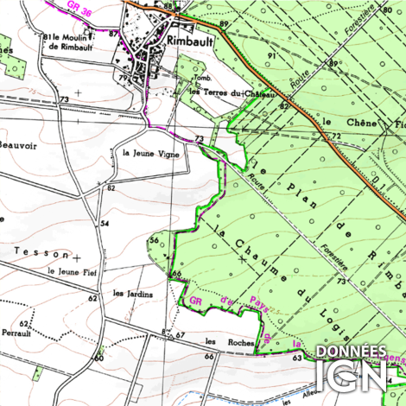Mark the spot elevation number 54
coord(104,224)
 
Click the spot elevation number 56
coord(154,239)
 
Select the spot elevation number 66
coord(176,274)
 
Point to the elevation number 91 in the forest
coord(270,55)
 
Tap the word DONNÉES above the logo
coord(352,352)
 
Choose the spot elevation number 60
coord(99,357)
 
